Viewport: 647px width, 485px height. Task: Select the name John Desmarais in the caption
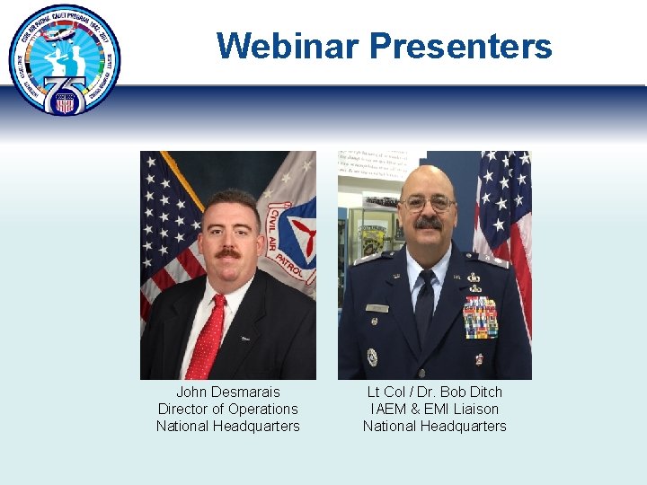227,392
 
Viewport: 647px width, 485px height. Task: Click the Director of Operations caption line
227,409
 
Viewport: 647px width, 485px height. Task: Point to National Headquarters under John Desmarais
227,426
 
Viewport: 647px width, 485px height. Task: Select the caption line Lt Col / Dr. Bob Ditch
434,392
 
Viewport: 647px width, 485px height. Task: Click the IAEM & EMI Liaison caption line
434,409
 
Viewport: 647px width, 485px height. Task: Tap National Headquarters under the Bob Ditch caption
434,426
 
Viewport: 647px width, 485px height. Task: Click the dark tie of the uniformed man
424,305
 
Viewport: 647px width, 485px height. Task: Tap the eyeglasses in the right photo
428,203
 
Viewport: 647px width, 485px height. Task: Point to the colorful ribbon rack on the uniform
480,317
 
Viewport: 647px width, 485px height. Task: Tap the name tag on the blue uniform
377,308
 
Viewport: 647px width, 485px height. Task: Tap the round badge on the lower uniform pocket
372,357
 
